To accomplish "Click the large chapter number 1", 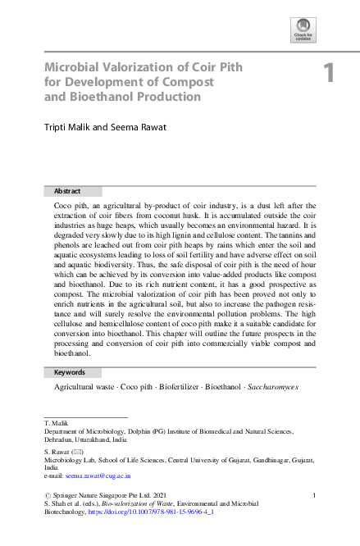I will tap(330, 74).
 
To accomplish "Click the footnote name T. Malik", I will tap(55, 423).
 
